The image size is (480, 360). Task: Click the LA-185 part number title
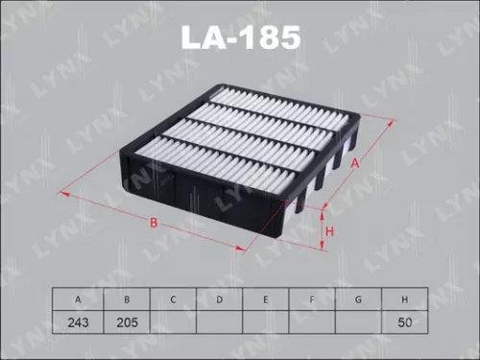point(240,38)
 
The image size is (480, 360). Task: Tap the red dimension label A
point(354,163)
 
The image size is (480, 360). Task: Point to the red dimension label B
point(153,223)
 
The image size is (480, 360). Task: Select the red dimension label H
point(328,231)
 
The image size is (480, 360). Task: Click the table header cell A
point(80,300)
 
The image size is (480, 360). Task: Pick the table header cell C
point(173,300)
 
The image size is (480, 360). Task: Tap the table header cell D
point(220,300)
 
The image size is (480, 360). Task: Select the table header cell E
point(266,300)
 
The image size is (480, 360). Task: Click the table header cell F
point(313,300)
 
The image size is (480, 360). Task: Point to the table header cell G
point(359,300)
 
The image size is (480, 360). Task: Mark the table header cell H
point(406,300)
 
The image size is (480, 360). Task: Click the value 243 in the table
point(80,323)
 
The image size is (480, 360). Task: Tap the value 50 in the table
point(406,323)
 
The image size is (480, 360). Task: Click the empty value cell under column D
point(220,323)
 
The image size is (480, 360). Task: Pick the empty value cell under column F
point(313,323)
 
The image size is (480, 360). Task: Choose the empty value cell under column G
point(359,323)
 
